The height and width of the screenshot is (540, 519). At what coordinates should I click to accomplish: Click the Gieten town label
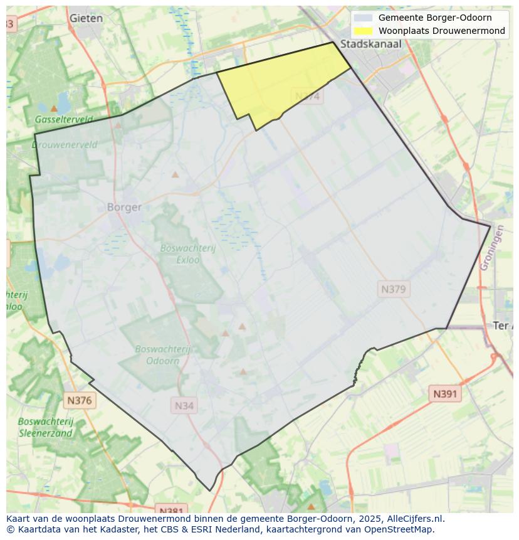86,18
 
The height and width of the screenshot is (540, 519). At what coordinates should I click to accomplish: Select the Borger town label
124,207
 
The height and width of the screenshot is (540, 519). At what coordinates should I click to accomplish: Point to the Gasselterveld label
64,119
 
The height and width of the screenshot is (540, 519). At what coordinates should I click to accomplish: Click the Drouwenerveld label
65,144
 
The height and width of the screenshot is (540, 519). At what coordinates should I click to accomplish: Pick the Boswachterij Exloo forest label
187,253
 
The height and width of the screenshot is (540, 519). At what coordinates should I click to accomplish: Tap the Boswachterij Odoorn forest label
163,355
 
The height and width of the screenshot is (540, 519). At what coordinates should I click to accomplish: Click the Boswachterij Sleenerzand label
46,427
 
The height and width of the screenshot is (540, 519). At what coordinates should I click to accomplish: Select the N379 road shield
393,289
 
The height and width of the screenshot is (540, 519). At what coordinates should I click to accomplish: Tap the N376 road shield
79,400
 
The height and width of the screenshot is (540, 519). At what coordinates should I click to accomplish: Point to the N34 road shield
184,406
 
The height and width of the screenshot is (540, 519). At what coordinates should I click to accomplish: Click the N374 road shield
307,96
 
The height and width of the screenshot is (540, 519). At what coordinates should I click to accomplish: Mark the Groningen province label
492,248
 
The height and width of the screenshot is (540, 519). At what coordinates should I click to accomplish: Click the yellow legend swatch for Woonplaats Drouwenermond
362,31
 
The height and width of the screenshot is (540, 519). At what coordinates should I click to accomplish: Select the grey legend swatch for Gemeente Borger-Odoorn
362,18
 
